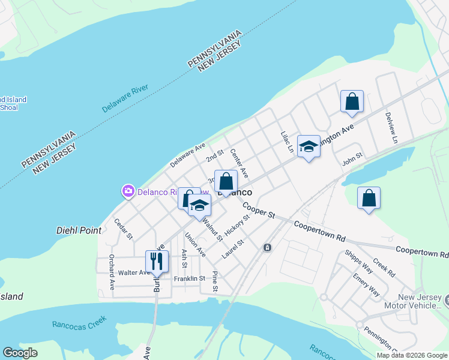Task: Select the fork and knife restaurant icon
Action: (x=157, y=262)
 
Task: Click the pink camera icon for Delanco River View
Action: (x=128, y=191)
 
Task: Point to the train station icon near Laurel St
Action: (x=267, y=247)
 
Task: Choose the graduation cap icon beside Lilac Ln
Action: (x=309, y=146)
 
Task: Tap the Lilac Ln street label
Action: (x=287, y=142)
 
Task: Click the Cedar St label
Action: (x=123, y=229)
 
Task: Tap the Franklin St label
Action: (x=190, y=278)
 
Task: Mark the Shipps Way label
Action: (x=358, y=262)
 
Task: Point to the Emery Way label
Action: (x=366, y=283)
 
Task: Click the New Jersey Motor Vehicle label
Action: (x=420, y=302)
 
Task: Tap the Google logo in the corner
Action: (x=20, y=353)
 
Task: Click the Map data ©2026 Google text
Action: (x=412, y=355)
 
